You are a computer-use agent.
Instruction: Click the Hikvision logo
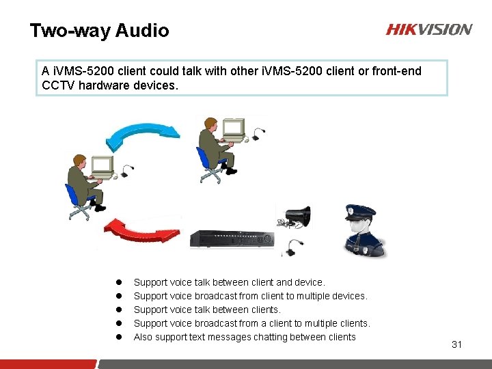click(x=428, y=29)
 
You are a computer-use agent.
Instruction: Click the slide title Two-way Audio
click(x=99, y=31)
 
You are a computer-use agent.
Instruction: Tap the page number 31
click(x=456, y=344)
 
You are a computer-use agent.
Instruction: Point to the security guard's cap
click(x=359, y=210)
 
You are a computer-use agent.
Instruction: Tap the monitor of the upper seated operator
click(x=234, y=127)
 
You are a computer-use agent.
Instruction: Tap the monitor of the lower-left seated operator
click(x=101, y=166)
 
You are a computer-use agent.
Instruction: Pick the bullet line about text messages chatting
click(x=245, y=337)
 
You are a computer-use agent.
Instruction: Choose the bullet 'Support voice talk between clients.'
click(x=207, y=310)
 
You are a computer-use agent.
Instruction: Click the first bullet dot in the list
click(x=118, y=282)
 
